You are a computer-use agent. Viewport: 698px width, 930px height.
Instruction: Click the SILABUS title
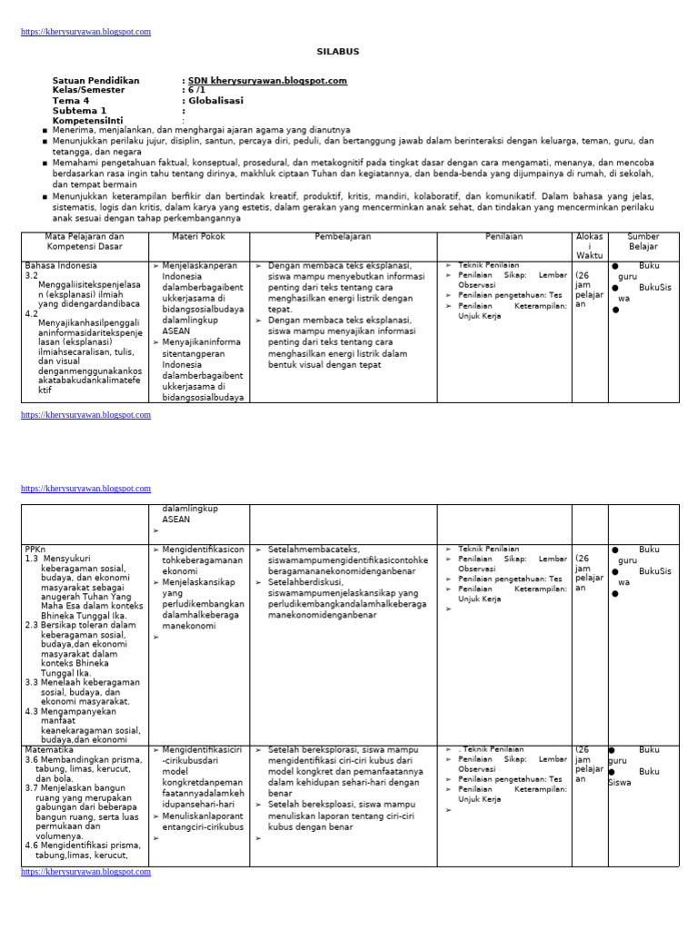[x=337, y=52]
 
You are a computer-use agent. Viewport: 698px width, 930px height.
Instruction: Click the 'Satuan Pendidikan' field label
[x=95, y=81]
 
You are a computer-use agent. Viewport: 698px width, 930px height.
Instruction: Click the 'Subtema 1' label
[x=79, y=111]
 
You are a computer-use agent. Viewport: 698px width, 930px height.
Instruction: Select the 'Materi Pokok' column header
[x=198, y=237]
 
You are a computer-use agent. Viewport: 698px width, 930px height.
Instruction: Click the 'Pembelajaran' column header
[x=343, y=237]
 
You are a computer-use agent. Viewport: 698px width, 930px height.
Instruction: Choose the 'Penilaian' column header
[x=504, y=237]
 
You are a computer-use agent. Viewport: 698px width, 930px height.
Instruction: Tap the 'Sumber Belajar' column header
[x=643, y=242]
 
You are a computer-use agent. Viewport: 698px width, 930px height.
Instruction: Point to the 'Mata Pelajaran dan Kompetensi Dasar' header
[x=85, y=242]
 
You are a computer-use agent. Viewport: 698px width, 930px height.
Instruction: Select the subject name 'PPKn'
[x=35, y=549]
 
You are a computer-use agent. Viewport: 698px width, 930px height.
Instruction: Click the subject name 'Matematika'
[x=49, y=750]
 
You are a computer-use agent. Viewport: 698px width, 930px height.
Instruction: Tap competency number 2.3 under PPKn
[x=32, y=625]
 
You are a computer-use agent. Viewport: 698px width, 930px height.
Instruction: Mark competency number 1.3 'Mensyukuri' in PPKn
[x=32, y=559]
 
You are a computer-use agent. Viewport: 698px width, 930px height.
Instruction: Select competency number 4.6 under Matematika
[x=32, y=845]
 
